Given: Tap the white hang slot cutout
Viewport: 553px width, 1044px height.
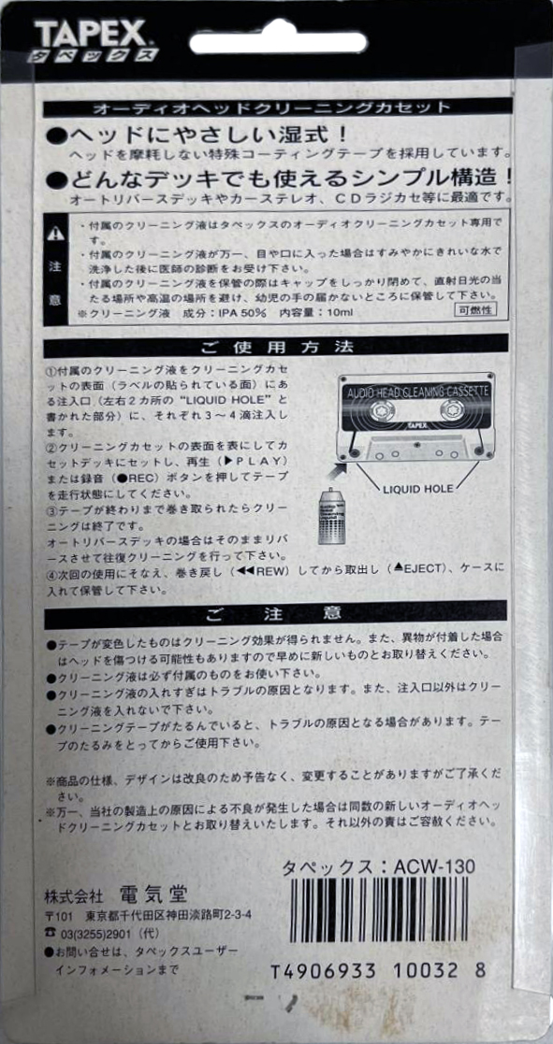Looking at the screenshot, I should tap(278, 42).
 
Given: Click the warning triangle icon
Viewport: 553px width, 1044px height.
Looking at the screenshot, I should tap(57, 232).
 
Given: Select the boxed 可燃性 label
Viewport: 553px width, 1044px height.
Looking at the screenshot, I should tap(475, 309).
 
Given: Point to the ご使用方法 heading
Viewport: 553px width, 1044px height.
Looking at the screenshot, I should tap(277, 346).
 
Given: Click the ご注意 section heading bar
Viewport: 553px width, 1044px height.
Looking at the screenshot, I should tap(277, 612).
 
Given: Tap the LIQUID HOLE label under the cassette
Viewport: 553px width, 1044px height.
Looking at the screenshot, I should tap(417, 489).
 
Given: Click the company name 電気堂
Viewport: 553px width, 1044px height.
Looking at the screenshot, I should tap(153, 893).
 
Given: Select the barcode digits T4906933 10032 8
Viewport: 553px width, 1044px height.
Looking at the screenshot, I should tap(378, 970).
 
